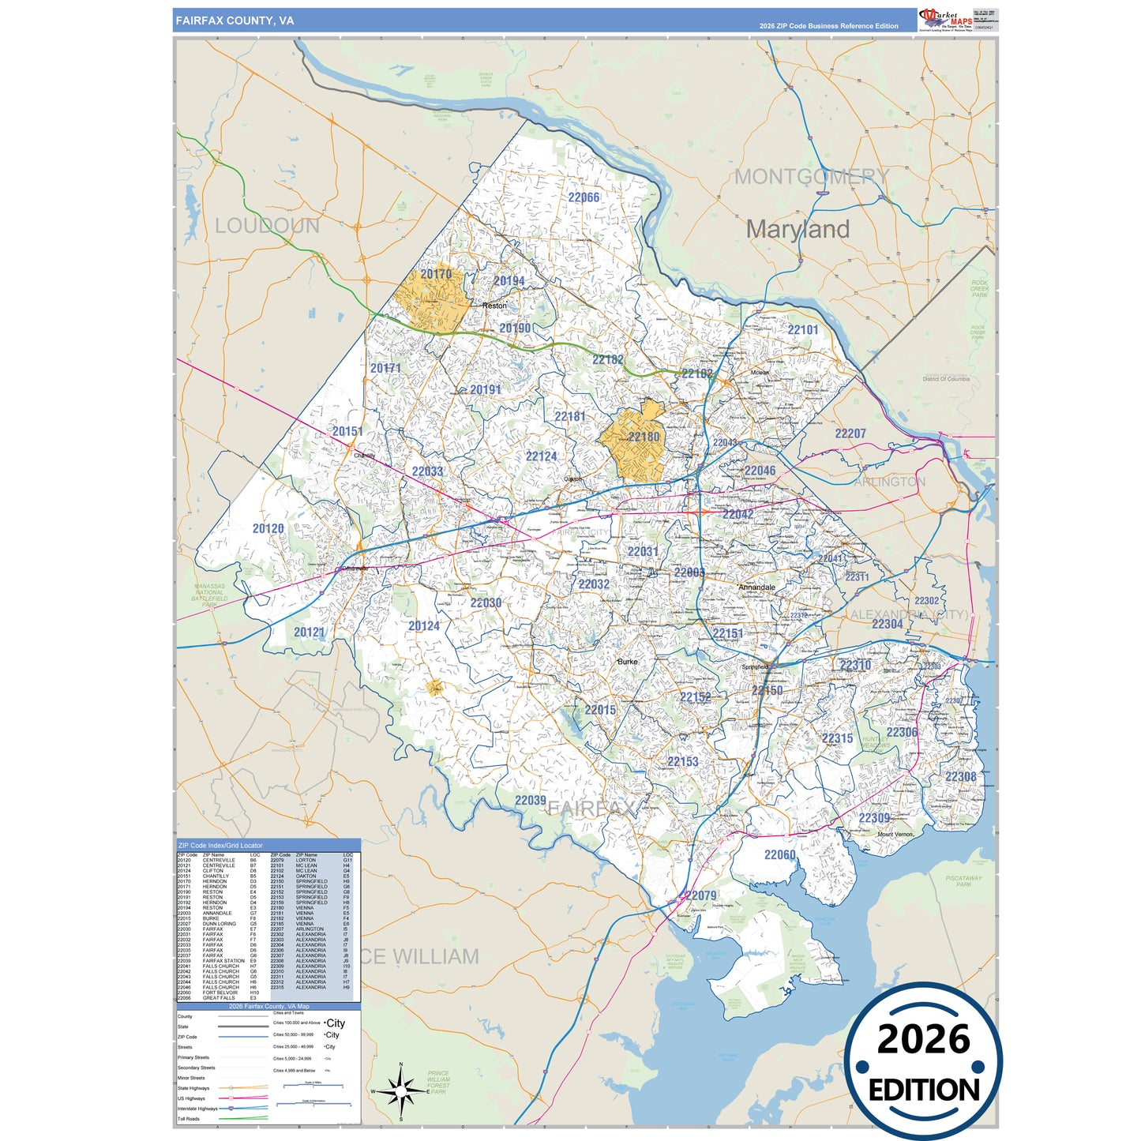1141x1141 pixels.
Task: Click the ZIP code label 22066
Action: coord(584,197)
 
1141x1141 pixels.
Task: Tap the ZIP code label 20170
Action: coord(436,274)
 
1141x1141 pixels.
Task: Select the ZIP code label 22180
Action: coord(644,437)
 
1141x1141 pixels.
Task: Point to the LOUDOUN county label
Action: coord(267,226)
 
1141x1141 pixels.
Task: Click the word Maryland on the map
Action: coord(798,230)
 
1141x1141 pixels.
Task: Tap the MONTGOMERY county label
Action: coord(811,176)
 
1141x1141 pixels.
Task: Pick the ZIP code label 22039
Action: coord(530,800)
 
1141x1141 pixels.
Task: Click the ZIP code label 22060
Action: coord(779,854)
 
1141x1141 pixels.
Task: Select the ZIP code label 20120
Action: coord(268,528)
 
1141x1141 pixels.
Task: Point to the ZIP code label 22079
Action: coord(700,895)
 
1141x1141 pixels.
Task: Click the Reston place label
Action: coord(494,306)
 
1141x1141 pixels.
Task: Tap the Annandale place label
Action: coord(756,587)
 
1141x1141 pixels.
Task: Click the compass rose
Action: coord(401,1092)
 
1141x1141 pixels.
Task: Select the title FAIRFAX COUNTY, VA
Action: coord(235,21)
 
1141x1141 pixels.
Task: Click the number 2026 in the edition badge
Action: coord(923,1039)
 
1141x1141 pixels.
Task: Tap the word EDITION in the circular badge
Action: coord(923,1090)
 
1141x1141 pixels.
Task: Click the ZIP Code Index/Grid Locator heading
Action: coord(220,845)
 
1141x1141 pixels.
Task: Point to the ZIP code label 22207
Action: coord(850,434)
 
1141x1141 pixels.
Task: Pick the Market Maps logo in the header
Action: coord(946,20)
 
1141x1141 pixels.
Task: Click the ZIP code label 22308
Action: coord(960,777)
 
